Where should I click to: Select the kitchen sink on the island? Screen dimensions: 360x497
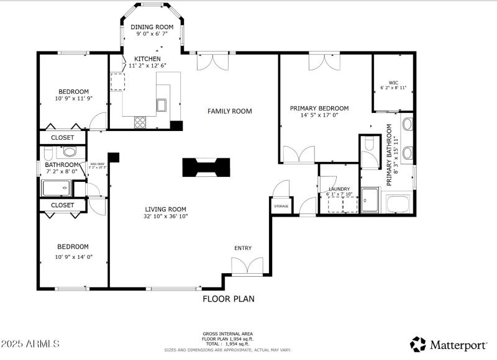click(162, 104)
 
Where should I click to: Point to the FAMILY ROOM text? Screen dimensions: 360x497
click(229, 111)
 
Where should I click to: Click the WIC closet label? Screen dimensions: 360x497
click(393, 83)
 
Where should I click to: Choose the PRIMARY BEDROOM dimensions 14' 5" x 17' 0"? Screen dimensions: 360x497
click(319, 115)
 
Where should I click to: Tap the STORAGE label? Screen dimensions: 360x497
click(281, 205)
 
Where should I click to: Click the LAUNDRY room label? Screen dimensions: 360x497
click(339, 189)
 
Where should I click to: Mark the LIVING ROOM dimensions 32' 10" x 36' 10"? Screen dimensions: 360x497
click(166, 217)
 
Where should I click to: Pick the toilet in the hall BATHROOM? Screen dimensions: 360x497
click(69, 151)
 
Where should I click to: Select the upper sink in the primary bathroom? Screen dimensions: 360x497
click(408, 124)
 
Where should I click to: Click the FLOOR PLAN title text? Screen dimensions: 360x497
click(229, 299)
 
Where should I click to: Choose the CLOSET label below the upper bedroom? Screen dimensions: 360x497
click(62, 137)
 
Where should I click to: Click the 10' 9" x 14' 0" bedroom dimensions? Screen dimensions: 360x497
click(73, 256)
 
